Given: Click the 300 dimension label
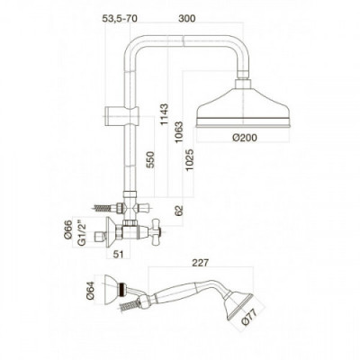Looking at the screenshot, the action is click(x=186, y=18).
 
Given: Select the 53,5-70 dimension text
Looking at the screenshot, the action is click(x=120, y=18).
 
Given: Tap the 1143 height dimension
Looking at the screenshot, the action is click(x=164, y=114).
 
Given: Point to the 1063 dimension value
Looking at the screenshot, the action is click(x=179, y=132).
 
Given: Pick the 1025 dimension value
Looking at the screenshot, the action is click(x=190, y=160).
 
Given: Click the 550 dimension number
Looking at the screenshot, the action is click(x=149, y=160).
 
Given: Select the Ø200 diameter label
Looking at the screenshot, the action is click(x=245, y=138).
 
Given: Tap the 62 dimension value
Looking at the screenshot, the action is click(x=179, y=211).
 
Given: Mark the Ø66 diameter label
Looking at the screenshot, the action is click(x=68, y=229).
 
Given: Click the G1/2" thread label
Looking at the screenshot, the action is click(x=81, y=234).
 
